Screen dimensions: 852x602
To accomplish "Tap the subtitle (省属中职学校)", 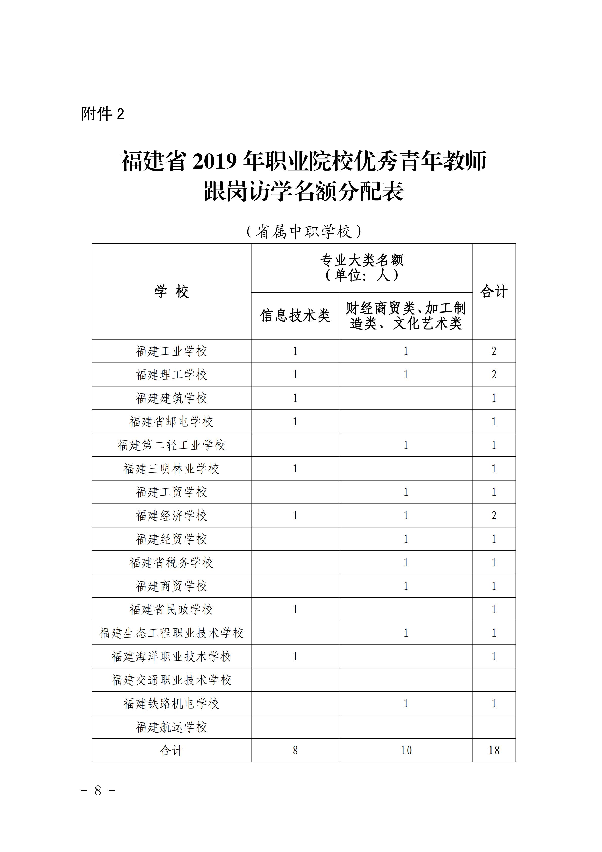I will pyautogui.click(x=304, y=232).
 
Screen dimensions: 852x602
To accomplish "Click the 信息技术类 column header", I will pyautogui.click(x=295, y=316).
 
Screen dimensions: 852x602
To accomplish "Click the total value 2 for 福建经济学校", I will pyautogui.click(x=494, y=515).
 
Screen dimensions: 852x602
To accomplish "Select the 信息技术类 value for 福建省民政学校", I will pyautogui.click(x=295, y=609).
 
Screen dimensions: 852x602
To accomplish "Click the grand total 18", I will pyautogui.click(x=494, y=750).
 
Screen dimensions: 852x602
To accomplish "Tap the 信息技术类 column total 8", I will pyautogui.click(x=295, y=750).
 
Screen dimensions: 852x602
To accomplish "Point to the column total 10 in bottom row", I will pyautogui.click(x=406, y=750).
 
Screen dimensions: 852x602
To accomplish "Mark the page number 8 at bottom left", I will pyautogui.click(x=98, y=791).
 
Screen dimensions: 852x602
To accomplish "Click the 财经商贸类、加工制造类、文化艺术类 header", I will pyautogui.click(x=406, y=316).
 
